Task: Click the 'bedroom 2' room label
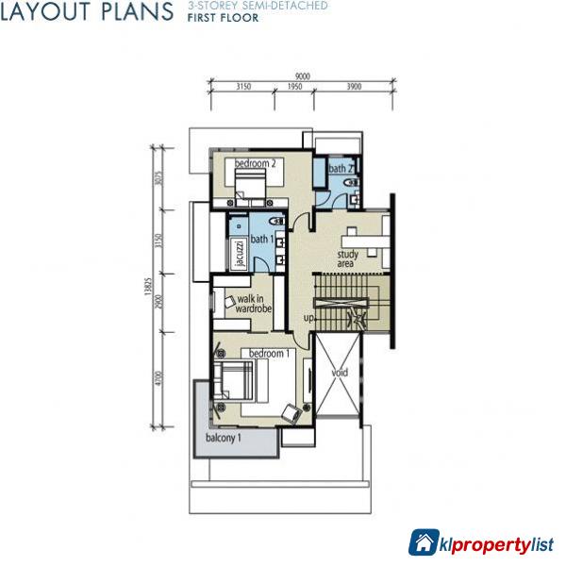255,163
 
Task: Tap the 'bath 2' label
340,169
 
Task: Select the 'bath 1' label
262,240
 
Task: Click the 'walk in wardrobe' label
253,304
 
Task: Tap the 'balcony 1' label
224,439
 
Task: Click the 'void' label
340,373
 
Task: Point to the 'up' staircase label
308,318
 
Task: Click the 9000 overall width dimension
301,76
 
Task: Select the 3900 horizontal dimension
353,87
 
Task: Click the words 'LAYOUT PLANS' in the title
87,11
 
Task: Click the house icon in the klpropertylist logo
424,541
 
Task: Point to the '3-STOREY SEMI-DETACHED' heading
257,6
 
